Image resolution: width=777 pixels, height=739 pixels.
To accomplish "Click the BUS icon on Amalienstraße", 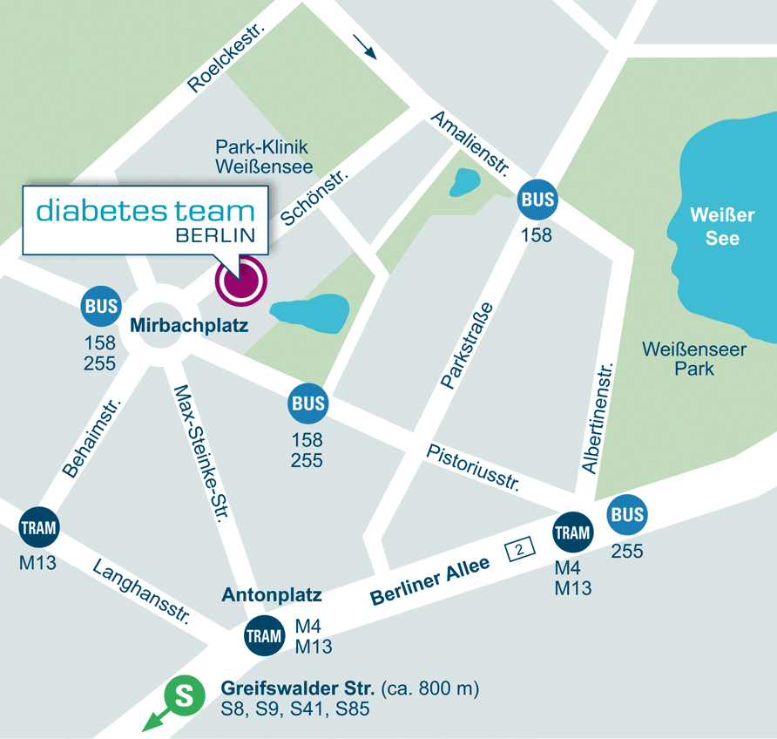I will click(x=537, y=200).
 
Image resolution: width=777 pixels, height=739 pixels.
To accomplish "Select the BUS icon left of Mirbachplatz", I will click(x=101, y=307).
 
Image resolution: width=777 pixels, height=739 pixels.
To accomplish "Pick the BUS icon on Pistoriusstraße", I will click(x=308, y=403).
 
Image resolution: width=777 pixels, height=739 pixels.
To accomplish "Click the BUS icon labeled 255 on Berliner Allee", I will click(x=626, y=515).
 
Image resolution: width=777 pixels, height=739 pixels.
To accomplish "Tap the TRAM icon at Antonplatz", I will click(x=264, y=635).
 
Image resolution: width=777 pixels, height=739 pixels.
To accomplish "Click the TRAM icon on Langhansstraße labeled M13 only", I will click(x=38, y=527).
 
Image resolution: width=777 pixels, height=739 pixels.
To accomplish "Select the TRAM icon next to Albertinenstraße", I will click(x=573, y=532).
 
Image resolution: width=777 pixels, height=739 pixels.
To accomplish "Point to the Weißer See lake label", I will click(x=722, y=227).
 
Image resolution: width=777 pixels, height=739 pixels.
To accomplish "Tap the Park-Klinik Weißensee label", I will click(x=261, y=157).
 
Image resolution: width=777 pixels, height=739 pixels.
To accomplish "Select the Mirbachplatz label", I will click(x=189, y=327).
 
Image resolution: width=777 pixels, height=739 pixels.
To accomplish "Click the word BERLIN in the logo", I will click(x=215, y=235).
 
